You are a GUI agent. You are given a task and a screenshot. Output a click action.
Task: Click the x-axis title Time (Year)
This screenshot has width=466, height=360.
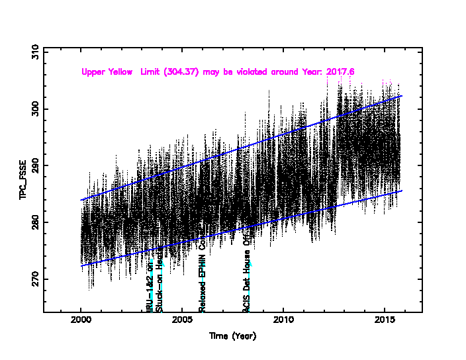pyautogui.click(x=232, y=336)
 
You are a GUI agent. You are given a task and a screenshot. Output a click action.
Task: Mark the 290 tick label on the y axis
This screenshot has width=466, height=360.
pyautogui.click(x=35, y=165)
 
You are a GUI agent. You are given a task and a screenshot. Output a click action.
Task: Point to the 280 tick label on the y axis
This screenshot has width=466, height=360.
pyautogui.click(x=35, y=222)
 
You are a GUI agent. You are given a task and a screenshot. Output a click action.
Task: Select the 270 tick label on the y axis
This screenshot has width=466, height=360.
pyautogui.click(x=35, y=279)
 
